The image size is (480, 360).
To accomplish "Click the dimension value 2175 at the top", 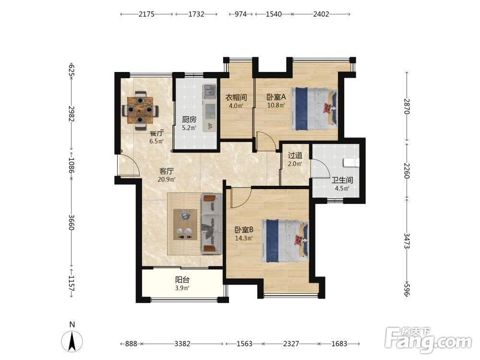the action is (146, 14).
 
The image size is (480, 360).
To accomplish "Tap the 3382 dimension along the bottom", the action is (182, 344).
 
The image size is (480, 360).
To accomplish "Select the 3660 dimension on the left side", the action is (72, 222).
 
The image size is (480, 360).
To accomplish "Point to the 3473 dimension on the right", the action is (407, 241).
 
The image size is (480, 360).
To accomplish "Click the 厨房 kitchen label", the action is (189, 120).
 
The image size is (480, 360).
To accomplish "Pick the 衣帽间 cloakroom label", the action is (236, 97).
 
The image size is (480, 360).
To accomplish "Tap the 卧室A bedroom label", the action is (276, 97).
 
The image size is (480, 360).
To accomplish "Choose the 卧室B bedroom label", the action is (244, 229).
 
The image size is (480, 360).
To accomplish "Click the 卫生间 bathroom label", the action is (342, 180).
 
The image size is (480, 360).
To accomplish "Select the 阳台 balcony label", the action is (182, 280).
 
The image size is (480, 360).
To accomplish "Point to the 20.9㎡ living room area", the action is (167, 180).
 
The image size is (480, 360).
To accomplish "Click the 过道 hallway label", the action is (295, 156).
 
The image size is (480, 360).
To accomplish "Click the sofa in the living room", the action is (212, 224).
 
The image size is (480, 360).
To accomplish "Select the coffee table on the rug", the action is (185, 224).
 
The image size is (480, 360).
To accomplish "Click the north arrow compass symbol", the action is (72, 341).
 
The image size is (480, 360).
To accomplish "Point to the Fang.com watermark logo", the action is (429, 340).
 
